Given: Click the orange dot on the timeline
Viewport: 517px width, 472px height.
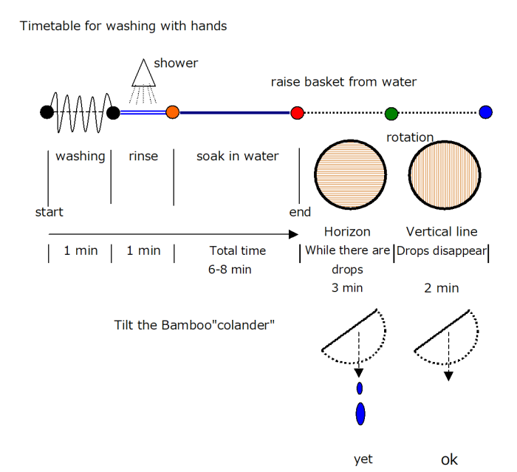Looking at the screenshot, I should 172,112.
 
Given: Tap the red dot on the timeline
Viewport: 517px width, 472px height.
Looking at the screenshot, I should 297,112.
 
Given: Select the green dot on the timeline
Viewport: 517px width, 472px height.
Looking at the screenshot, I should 391,113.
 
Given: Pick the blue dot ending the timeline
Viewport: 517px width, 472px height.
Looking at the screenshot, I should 485,112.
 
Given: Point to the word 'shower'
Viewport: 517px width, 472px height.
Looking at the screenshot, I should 176,64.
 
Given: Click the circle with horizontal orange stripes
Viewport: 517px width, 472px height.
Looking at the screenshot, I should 350,174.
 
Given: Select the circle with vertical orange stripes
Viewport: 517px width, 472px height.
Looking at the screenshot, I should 445,174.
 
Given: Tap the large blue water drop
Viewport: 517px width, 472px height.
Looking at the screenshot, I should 360,414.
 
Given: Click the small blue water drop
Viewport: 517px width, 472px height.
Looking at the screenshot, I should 360,388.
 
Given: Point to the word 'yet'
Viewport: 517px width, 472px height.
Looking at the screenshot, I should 363,459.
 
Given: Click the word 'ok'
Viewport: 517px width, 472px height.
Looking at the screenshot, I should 449,459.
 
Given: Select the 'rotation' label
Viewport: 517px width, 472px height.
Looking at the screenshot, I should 410,137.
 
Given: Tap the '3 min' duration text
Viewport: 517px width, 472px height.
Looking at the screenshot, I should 347,288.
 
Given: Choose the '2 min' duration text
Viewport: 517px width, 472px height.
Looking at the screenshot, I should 442,288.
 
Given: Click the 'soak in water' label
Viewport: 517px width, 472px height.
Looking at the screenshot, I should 237,156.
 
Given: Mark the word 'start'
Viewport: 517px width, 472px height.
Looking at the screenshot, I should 49,212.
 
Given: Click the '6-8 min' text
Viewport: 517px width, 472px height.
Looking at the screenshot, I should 230,270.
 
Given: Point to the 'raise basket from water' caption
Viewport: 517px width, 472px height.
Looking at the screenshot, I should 343,82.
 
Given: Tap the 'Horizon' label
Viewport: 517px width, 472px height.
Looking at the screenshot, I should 347,232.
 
